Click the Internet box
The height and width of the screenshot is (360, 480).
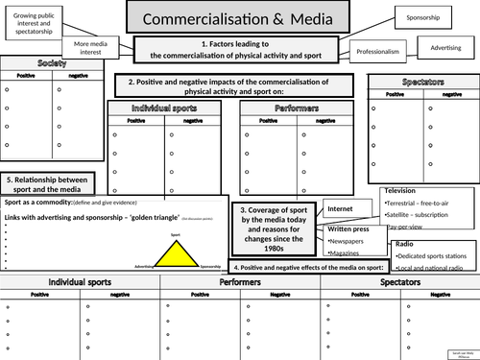(341, 208)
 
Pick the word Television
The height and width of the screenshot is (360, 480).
(403, 191)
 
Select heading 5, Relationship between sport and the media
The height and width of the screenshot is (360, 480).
(49, 185)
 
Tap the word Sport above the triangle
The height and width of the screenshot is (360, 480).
(175, 234)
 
